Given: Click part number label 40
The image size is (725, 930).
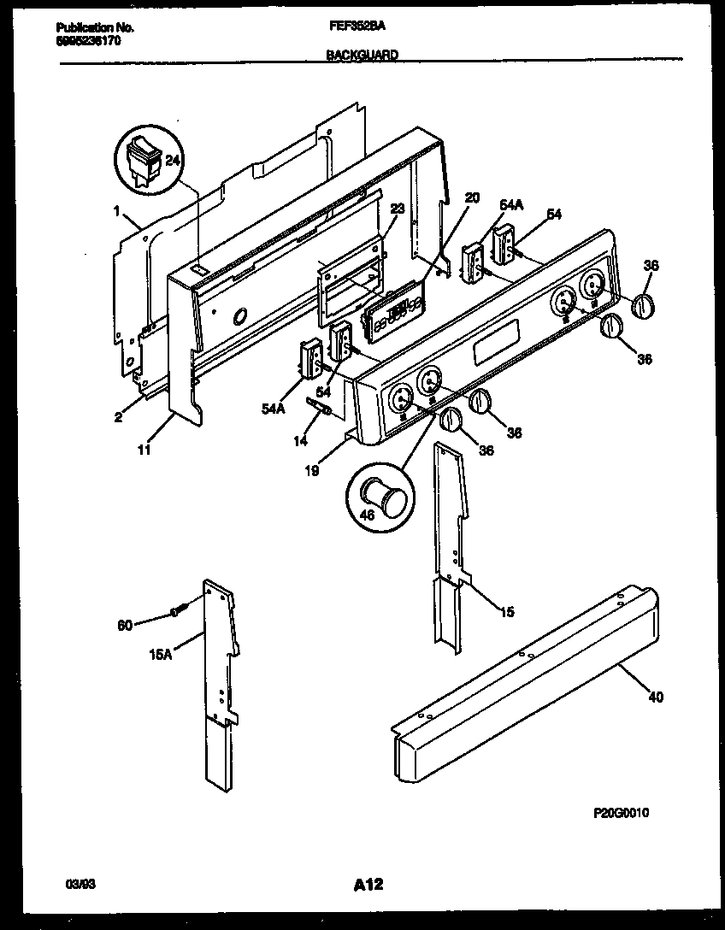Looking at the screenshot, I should pos(656,697).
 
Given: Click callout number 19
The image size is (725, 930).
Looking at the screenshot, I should pos(313,469).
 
